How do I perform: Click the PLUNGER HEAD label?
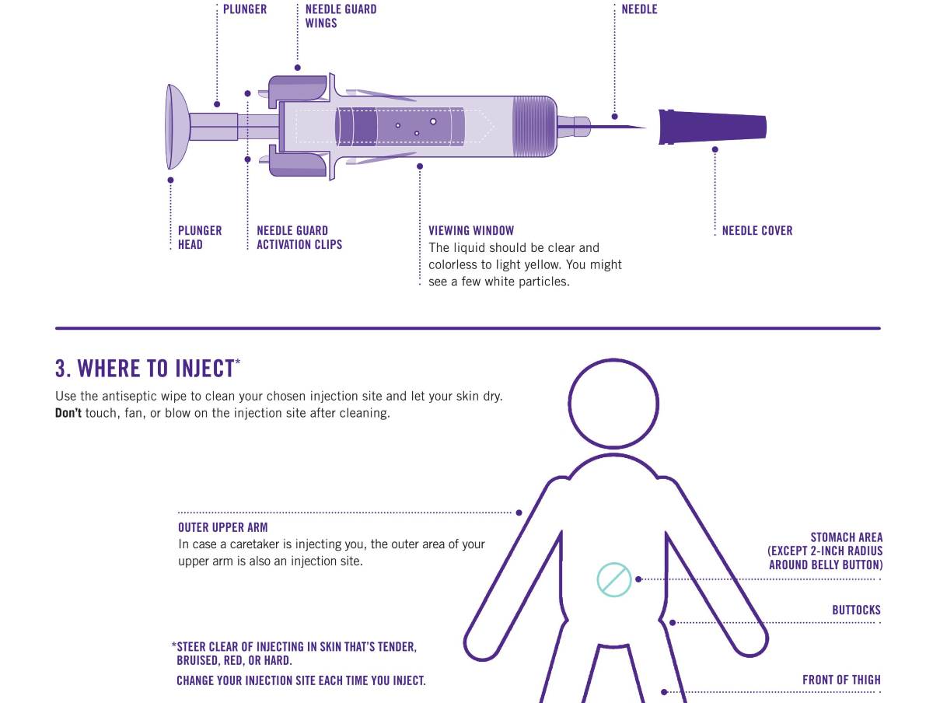click(200, 238)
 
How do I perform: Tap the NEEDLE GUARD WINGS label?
click(341, 16)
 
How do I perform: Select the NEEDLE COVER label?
click(757, 231)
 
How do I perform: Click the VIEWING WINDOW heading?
click(471, 231)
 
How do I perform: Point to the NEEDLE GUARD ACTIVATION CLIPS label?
click(299, 238)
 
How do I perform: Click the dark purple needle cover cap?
click(712, 127)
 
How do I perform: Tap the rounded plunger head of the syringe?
click(176, 127)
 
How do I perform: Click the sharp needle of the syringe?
click(618, 127)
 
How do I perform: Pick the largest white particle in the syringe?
click(433, 121)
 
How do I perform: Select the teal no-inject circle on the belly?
click(613, 579)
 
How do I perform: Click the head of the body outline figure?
click(613, 404)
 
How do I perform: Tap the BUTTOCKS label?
click(856, 610)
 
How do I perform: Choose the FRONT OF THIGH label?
click(841, 680)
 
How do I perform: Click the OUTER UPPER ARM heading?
click(222, 527)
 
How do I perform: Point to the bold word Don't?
click(68, 413)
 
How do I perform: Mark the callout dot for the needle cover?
click(715, 149)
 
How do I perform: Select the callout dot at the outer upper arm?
click(519, 512)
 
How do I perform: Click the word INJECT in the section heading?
click(205, 368)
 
